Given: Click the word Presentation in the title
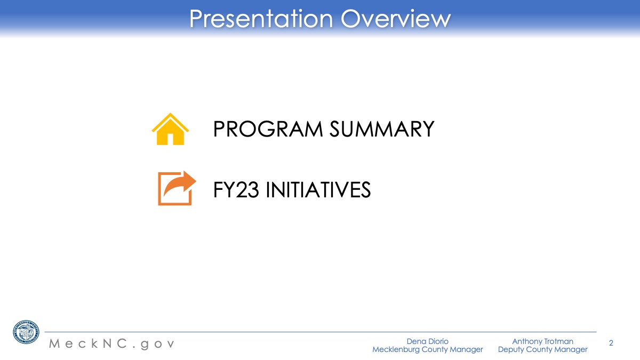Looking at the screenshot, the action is tap(261, 19).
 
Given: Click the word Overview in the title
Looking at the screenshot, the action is tap(396, 19).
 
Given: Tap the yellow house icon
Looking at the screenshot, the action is tap(170, 129).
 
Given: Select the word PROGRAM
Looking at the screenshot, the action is tap(268, 129).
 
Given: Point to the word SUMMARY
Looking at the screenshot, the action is tap(382, 129).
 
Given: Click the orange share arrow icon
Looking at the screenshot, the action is tap(177, 188).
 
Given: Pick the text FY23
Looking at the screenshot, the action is tap(236, 189).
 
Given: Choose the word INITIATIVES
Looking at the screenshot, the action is tap(318, 189).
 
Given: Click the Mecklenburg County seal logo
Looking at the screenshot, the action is tap(26, 332).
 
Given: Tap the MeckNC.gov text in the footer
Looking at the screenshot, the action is tap(111, 343).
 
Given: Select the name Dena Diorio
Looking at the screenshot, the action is tap(427, 341).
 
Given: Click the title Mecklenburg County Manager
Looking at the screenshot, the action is tap(427, 349).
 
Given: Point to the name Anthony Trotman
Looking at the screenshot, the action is tap(542, 341).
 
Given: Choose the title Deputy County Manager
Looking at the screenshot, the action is tap(542, 349).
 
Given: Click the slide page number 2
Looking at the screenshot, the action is tap(611, 343).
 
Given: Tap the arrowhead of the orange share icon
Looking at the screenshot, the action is tap(189, 181).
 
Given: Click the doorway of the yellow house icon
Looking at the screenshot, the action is tap(170, 139).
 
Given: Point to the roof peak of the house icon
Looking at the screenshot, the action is tap(170, 114).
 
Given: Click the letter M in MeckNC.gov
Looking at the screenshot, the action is tap(54, 343).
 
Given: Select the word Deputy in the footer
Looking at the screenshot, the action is tap(510, 350).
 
